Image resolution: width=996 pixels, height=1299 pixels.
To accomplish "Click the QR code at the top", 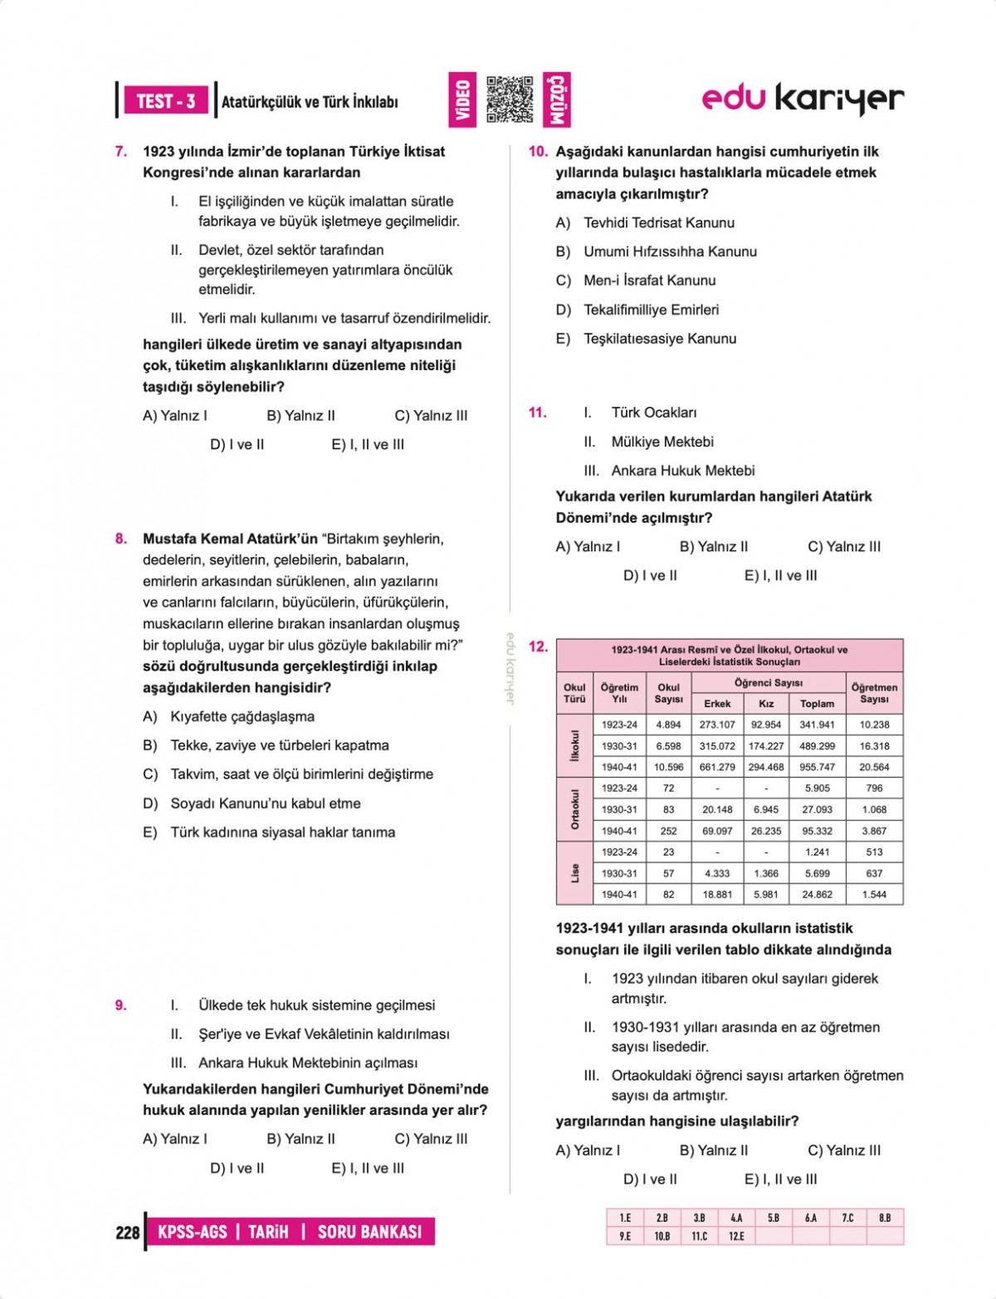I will pos(510,100).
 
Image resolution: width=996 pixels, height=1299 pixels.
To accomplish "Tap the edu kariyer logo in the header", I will pos(803,99).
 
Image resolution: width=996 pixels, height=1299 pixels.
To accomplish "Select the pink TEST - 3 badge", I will pos(166,101).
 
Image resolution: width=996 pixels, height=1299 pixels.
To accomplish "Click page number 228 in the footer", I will pos(128,1233).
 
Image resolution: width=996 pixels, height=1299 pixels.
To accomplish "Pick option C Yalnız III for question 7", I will pos(431,416).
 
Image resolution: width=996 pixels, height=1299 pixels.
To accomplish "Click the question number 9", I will pos(121,1005).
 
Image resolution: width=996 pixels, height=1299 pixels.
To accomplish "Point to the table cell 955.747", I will pos(817,767).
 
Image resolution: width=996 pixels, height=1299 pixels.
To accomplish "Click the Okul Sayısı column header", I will pos(668,693).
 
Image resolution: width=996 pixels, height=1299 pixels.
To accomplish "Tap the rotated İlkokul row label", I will pos(574,745).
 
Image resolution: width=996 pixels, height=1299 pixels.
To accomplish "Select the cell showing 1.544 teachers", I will pos(874,895).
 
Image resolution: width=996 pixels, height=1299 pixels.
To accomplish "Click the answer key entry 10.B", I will pos(662,1236).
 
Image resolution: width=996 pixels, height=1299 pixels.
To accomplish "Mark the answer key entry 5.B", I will pos(773,1218).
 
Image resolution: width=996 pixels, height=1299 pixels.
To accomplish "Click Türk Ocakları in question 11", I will pos(654,413).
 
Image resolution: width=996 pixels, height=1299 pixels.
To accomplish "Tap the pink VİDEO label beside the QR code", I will pos(462,100).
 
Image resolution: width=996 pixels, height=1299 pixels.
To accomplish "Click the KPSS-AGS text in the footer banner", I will pos(192,1232).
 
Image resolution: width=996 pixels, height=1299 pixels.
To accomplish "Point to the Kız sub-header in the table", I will pos(766,703).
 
